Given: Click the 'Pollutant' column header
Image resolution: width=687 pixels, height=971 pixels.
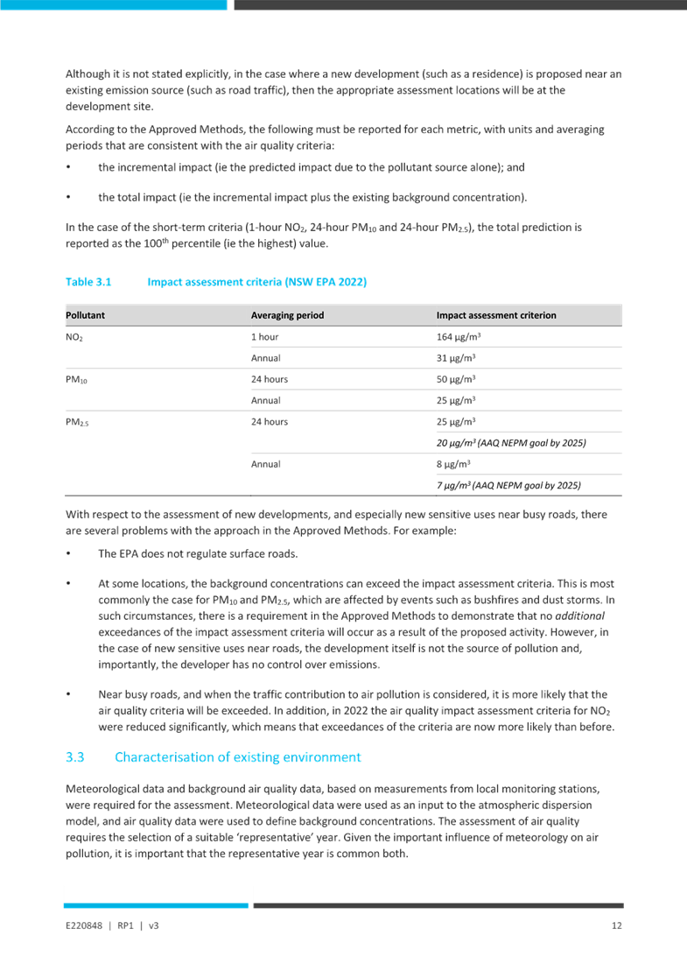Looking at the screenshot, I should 85,315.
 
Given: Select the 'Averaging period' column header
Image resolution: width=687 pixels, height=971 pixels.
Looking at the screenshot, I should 287,315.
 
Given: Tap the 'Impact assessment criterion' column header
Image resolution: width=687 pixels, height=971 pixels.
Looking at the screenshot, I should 496,315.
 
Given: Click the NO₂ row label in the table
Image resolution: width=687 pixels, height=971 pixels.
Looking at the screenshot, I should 74,336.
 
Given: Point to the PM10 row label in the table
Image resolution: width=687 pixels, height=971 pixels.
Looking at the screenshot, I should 76,379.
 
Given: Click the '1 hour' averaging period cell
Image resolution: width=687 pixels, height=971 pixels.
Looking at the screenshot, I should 263,336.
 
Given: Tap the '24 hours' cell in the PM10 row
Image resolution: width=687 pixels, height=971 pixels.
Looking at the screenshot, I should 269,379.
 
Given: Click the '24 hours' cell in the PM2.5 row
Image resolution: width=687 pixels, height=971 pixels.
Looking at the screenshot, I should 269,422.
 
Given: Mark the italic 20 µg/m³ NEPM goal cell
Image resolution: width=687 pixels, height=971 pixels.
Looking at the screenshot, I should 510,443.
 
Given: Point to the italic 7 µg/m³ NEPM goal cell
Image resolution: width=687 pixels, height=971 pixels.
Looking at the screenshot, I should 508,486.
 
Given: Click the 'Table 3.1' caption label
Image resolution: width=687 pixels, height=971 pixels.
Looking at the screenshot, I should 88,282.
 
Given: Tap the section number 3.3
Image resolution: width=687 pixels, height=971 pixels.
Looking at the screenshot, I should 74,756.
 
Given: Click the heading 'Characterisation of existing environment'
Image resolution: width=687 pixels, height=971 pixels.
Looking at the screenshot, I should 237,756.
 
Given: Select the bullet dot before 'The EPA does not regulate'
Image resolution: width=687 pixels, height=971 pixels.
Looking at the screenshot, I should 69,554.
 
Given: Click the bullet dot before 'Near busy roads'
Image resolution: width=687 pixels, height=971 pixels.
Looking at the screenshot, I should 69,693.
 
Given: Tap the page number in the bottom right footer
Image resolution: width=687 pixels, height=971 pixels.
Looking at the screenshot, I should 616,925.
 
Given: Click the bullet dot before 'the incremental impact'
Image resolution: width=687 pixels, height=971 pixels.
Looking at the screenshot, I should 69,166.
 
